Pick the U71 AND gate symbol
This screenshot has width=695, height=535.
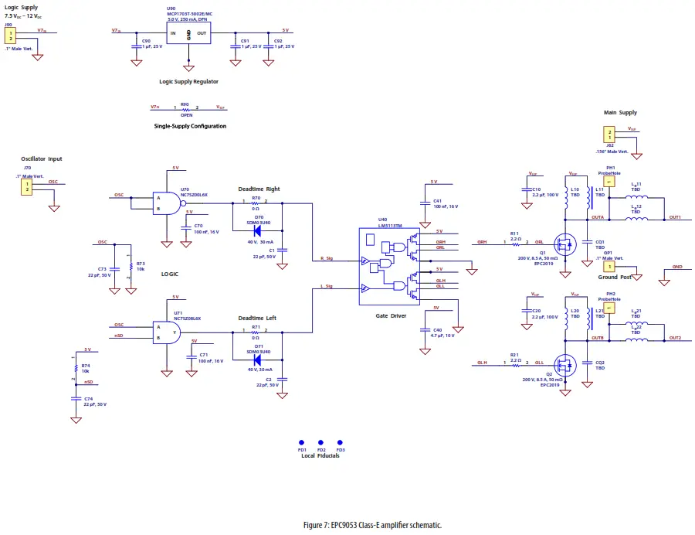click(169, 332)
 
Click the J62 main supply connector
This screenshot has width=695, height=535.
click(609, 135)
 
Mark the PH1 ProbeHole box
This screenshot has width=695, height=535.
click(609, 182)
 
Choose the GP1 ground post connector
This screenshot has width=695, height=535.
click(609, 266)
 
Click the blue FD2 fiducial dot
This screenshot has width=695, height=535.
click(320, 443)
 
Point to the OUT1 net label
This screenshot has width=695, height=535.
click(674, 217)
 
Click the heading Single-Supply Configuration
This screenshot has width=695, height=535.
click(190, 126)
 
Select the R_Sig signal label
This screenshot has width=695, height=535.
click(326, 257)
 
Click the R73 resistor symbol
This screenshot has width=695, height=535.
click(131, 266)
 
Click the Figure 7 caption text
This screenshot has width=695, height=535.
click(372, 525)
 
